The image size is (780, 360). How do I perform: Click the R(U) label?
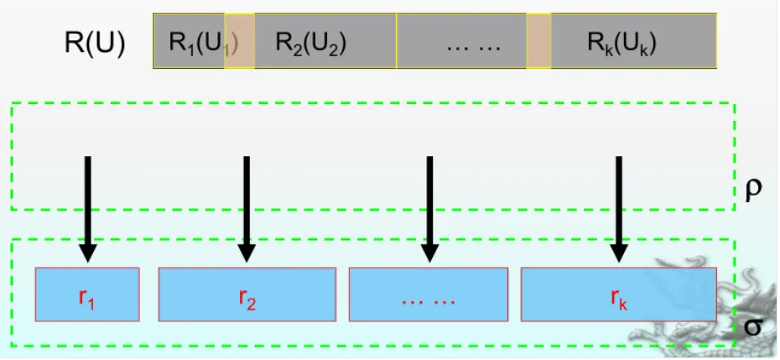pyautogui.click(x=95, y=42)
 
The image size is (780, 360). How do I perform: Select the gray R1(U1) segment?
pyautogui.click(x=190, y=41)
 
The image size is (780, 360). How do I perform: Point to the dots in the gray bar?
pyautogui.click(x=471, y=41)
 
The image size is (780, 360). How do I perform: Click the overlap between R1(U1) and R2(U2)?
pyautogui.click(x=239, y=41)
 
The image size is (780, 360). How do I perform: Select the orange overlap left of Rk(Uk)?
pyautogui.click(x=538, y=41)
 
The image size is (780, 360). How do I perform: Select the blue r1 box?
pyautogui.click(x=87, y=294)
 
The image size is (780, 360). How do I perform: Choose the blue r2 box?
pyautogui.click(x=247, y=294)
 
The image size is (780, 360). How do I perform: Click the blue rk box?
pyautogui.click(x=619, y=294)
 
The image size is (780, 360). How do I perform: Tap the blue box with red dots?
pyautogui.click(x=428, y=294)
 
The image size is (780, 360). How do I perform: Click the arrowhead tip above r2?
pyautogui.click(x=246, y=259)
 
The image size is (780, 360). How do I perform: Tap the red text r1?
pyautogui.click(x=87, y=296)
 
